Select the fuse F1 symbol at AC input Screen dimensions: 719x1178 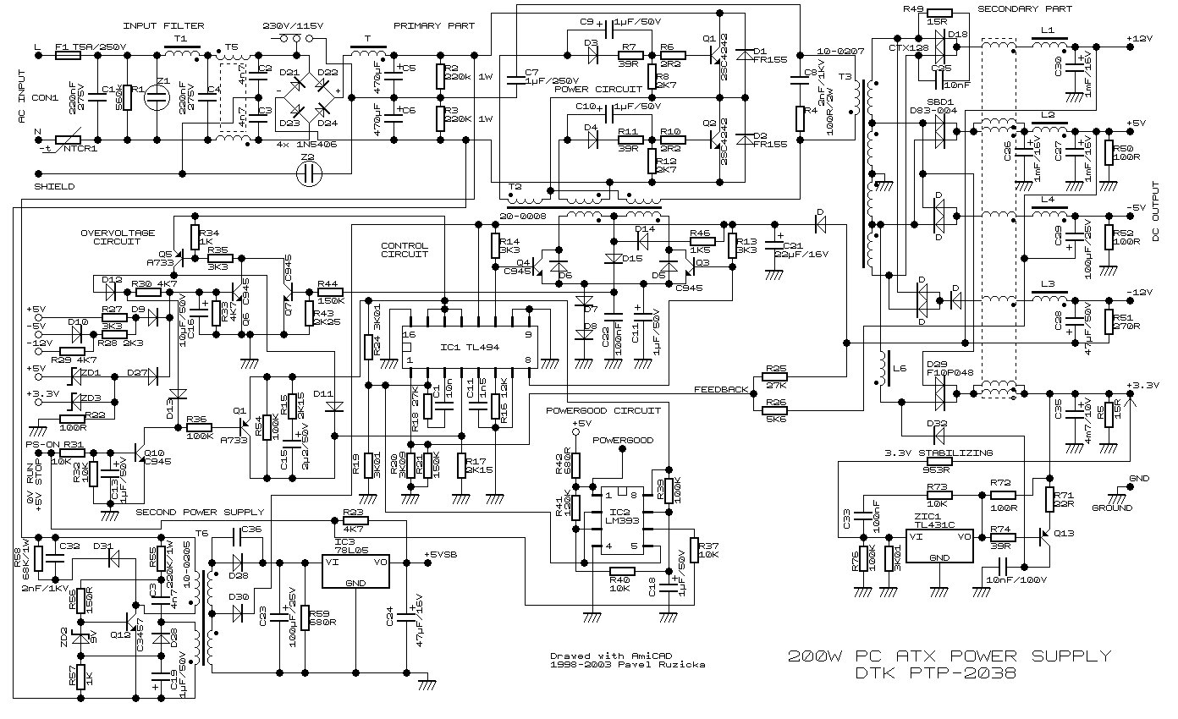click(x=67, y=55)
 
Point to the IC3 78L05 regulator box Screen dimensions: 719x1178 click(x=355, y=571)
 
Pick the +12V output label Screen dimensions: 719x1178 click(x=1140, y=39)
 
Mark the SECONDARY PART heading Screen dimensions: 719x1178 click(x=1025, y=9)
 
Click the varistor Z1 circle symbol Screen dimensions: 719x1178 click(x=157, y=95)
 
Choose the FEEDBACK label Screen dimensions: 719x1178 click(x=721, y=390)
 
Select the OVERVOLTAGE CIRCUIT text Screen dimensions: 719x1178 click(x=118, y=237)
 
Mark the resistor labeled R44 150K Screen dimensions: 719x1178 click(x=331, y=291)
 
